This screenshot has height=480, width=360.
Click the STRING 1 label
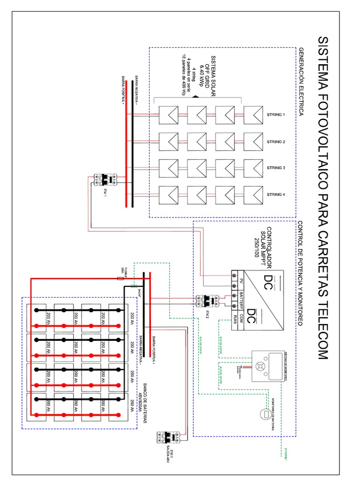(x=276, y=114)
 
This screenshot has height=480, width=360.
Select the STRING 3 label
(x=276, y=168)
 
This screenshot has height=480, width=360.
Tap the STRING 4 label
(x=276, y=195)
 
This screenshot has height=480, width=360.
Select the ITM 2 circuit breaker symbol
(x=207, y=301)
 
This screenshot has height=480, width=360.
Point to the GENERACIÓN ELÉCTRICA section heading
(x=301, y=82)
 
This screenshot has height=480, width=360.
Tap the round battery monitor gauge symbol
(x=265, y=414)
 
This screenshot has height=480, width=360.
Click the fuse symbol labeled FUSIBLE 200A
(x=120, y=278)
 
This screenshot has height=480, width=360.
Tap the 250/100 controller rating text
(x=256, y=247)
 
